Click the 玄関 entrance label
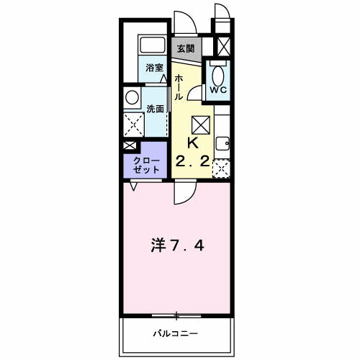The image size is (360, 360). pyautogui.click(x=185, y=49)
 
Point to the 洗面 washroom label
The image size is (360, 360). pyautogui.click(x=155, y=108)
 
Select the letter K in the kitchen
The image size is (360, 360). pyautogui.click(x=193, y=142)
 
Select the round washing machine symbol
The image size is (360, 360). pyautogui.click(x=132, y=96)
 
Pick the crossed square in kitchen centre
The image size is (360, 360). pyautogui.click(x=201, y=124)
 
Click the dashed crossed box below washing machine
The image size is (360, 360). pyautogui.click(x=132, y=123)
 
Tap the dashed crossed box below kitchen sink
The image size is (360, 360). pyautogui.click(x=222, y=168)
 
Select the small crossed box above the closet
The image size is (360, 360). pyautogui.click(x=129, y=145)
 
